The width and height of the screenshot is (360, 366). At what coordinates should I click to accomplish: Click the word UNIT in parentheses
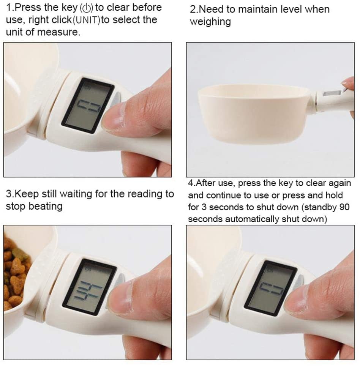(86, 20)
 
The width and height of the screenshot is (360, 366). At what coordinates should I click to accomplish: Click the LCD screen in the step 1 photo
(88, 106)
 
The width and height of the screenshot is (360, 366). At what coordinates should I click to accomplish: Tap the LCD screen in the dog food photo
(90, 287)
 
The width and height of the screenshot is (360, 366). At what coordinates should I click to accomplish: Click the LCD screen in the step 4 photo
(271, 288)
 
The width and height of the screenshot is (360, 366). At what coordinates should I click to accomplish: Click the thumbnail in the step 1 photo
(114, 117)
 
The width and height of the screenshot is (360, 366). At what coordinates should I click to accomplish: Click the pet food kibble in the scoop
(14, 273)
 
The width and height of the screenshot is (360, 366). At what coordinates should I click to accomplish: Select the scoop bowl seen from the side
(254, 114)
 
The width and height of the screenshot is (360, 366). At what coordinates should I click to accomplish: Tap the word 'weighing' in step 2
(210, 22)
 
